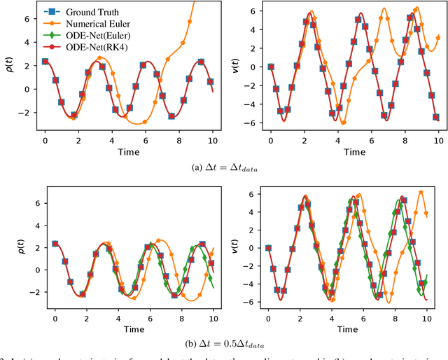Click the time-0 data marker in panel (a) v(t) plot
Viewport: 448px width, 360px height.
coord(270,67)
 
